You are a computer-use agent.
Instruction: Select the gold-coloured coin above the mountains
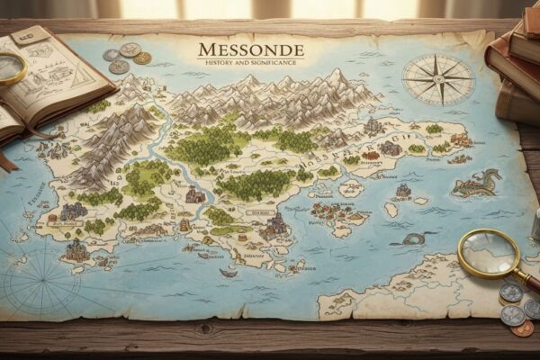point(142,58)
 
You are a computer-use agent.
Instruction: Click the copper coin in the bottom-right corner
point(521,328)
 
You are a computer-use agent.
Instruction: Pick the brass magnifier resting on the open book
point(11,67)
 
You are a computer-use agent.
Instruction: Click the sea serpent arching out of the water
point(411,238)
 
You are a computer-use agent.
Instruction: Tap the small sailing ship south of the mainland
point(229,271)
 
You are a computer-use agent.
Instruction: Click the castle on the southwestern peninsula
point(76,249)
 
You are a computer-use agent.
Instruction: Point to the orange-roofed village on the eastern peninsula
point(460,140)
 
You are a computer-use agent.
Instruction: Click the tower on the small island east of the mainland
point(402,191)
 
